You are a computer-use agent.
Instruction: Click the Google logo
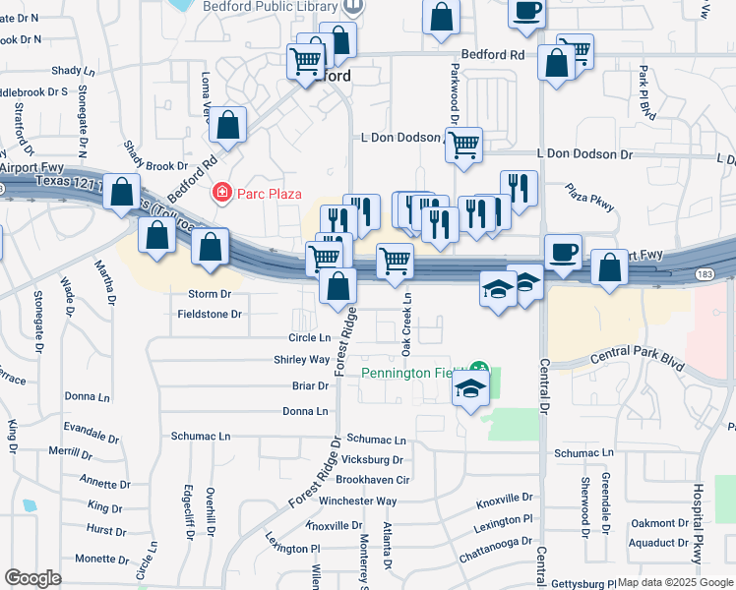tap(32, 578)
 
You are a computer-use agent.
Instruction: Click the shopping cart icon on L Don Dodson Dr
tap(463, 146)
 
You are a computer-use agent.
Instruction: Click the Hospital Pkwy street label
tap(698, 522)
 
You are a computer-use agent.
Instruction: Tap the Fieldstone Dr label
tap(209, 315)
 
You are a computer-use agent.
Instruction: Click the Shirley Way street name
tap(302, 360)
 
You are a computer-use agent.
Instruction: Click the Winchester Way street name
tap(357, 501)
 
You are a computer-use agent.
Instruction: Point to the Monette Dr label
tap(95, 559)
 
